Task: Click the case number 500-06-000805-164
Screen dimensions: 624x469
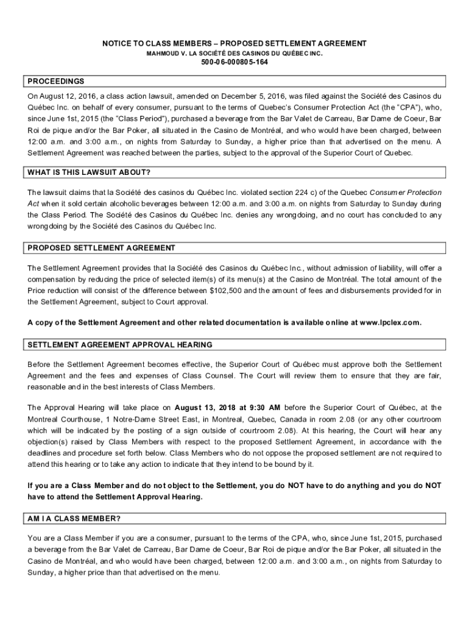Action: pos(234,62)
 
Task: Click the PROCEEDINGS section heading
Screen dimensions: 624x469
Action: pos(56,81)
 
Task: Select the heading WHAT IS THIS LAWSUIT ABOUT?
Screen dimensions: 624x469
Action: pos(89,172)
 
